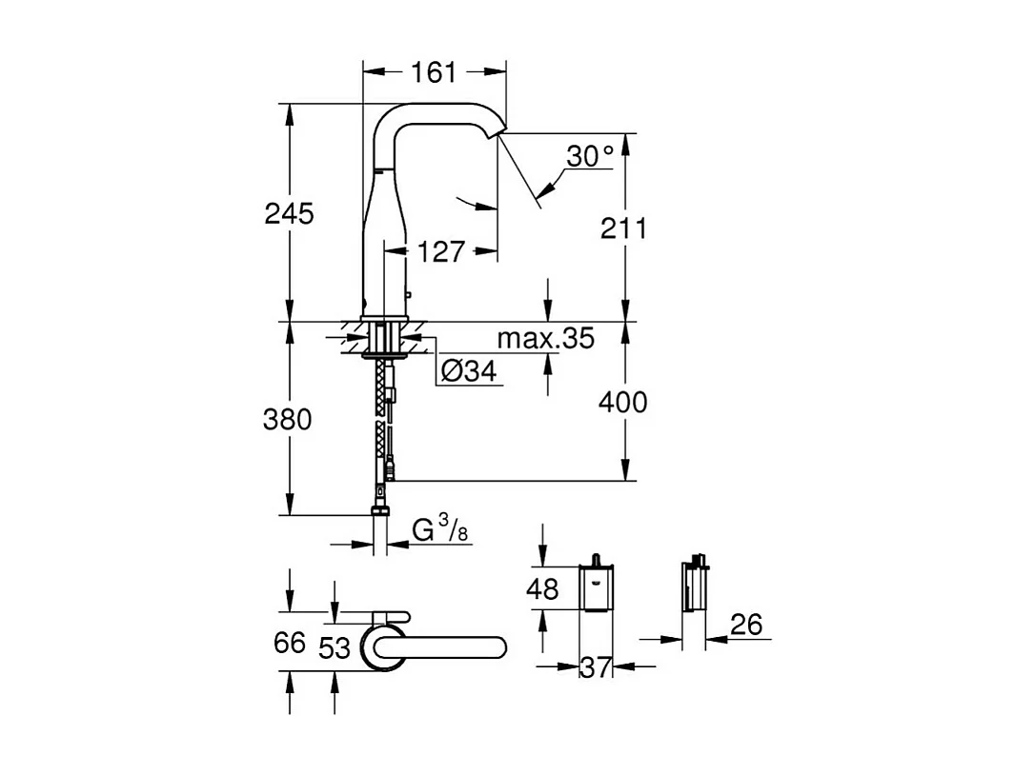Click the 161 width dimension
434,72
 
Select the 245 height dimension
288,213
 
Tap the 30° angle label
589,156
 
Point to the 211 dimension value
622,229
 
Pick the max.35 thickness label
546,338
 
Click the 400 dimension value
622,403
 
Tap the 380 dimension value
288,419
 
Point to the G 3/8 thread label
439,529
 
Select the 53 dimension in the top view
335,648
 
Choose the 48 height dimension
542,590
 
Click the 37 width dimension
597,668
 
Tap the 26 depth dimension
746,625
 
